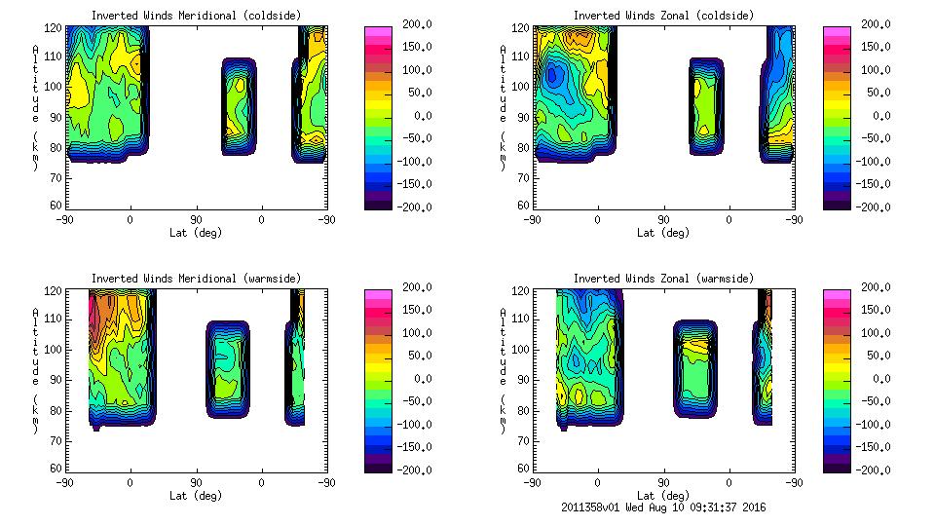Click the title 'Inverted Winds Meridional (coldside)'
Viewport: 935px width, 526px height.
click(196, 16)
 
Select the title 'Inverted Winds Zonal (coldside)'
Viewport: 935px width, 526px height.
click(663, 16)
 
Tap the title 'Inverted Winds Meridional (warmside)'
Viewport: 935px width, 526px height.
click(196, 279)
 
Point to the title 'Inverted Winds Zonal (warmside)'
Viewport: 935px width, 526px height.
click(663, 279)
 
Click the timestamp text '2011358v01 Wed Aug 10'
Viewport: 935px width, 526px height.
click(629, 507)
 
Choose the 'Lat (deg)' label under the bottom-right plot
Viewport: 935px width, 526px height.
click(663, 496)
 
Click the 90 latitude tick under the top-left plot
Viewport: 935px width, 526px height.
click(196, 220)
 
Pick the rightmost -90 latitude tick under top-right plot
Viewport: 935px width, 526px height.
click(794, 220)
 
